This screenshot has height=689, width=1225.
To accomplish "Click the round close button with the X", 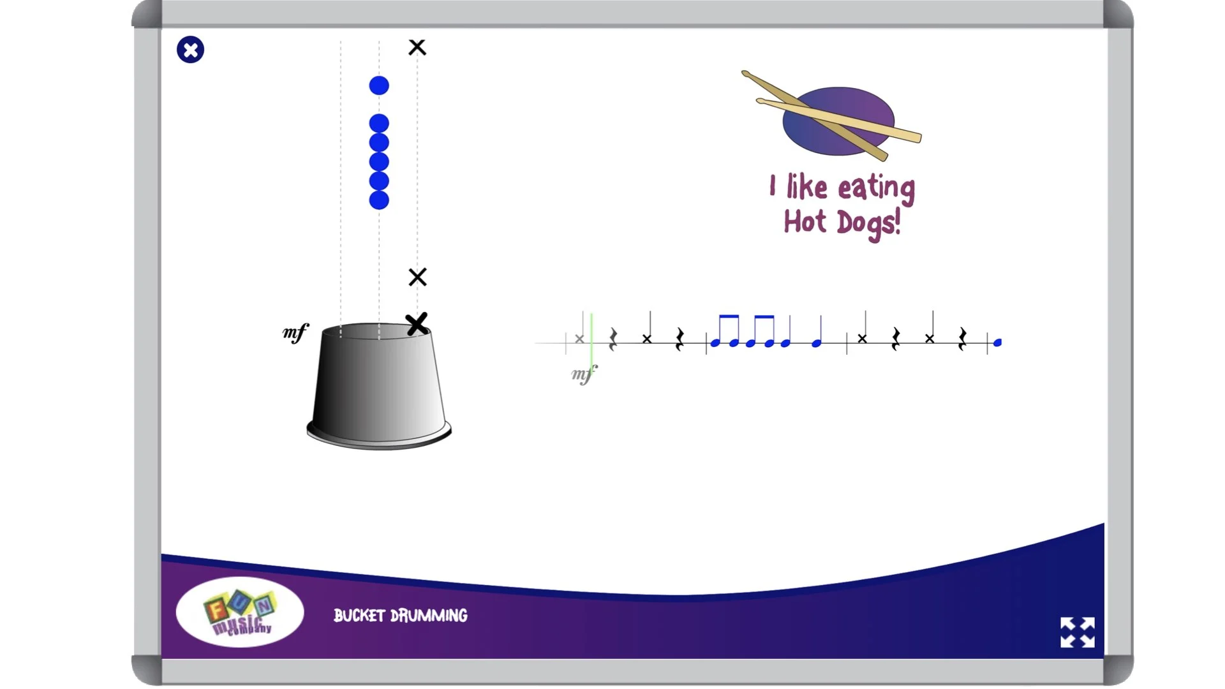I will point(190,50).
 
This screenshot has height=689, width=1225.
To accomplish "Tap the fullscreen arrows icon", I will point(1077,632).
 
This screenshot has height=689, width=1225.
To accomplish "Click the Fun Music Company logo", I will point(240,612).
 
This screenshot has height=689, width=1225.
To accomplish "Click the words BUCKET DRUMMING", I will point(401,616).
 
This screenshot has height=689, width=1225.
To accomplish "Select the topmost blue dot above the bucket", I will point(379,85).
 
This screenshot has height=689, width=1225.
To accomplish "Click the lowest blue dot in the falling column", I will point(379,200).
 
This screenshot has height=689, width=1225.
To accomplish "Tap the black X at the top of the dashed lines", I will point(417,47).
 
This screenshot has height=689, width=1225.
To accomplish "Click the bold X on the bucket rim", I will point(417,324).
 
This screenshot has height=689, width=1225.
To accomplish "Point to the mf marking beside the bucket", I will point(295,332).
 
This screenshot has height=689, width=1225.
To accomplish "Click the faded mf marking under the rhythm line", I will point(584,374).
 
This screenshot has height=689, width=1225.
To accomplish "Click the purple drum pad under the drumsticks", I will point(838,121).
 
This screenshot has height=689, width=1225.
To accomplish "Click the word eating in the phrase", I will point(876,188).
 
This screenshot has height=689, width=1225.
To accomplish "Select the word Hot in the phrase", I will point(805,222).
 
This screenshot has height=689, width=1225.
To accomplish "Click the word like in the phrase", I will point(806,187).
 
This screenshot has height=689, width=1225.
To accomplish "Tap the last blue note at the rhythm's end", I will point(997,343).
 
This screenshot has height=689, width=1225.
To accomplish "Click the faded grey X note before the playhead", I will point(579,339).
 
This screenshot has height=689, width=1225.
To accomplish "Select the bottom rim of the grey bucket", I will point(379,438).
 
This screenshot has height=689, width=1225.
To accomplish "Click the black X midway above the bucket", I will point(417,277).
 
